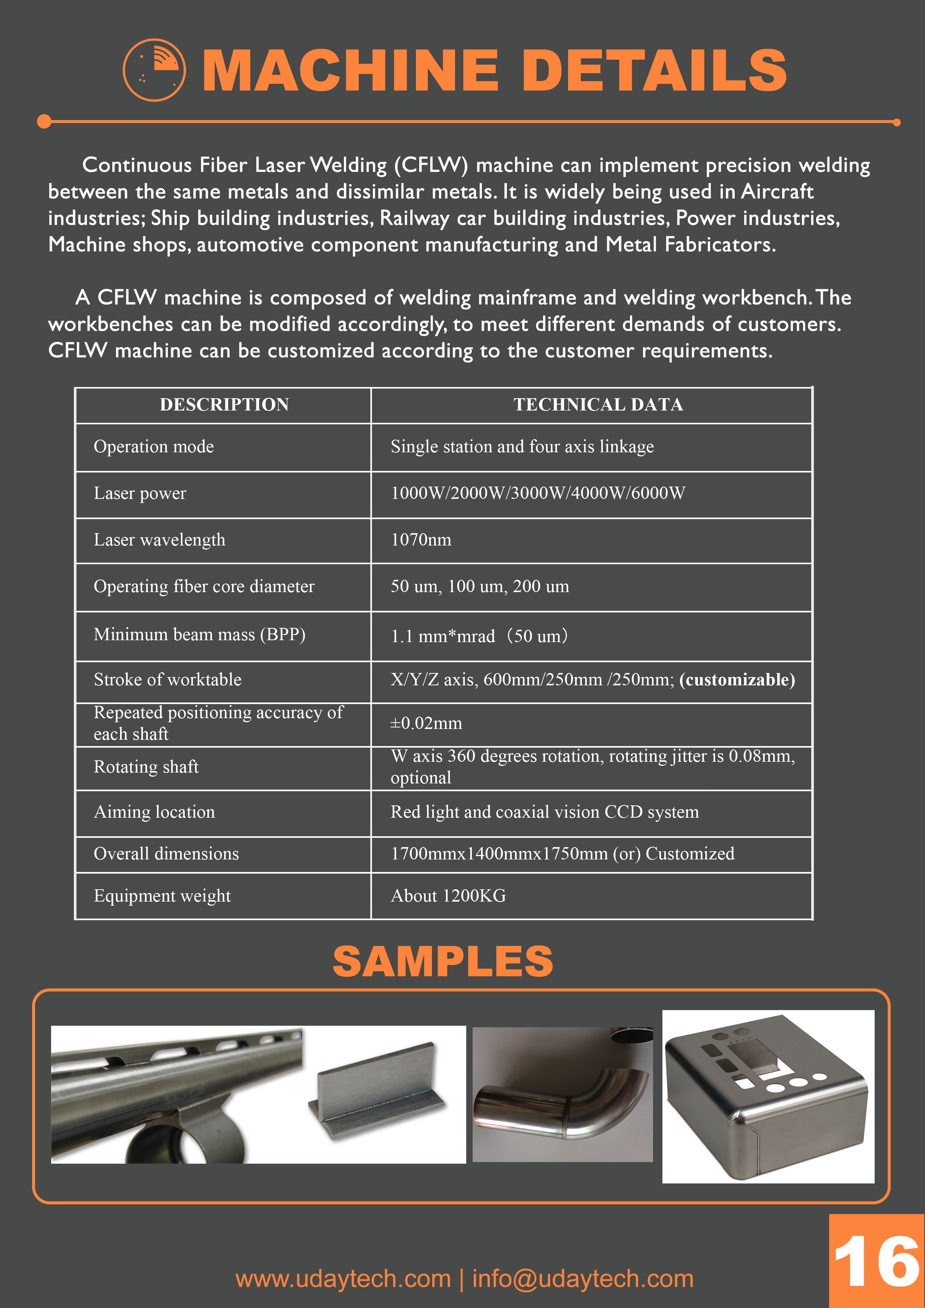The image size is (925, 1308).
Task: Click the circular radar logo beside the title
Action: click(x=154, y=70)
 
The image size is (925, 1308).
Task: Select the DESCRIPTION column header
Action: click(x=224, y=405)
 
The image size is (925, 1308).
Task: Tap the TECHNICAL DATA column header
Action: click(x=598, y=405)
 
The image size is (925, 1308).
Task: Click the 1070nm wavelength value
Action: click(x=421, y=540)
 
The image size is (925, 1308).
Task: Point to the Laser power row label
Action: click(x=139, y=493)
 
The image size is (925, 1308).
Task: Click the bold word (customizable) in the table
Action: click(x=737, y=680)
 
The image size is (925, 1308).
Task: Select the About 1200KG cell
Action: click(x=448, y=896)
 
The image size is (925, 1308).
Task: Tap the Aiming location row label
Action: click(x=154, y=812)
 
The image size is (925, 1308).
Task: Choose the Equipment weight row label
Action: click(x=162, y=896)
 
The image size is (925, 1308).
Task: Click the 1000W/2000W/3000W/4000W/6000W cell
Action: click(x=537, y=493)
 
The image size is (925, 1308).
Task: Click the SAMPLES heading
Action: click(x=443, y=962)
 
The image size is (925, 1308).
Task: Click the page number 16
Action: click(x=876, y=1261)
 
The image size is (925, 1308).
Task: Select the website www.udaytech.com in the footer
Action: click(x=343, y=1279)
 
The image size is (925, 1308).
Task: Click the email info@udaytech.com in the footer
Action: click(x=583, y=1279)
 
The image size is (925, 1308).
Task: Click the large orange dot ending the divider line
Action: click(x=44, y=121)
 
